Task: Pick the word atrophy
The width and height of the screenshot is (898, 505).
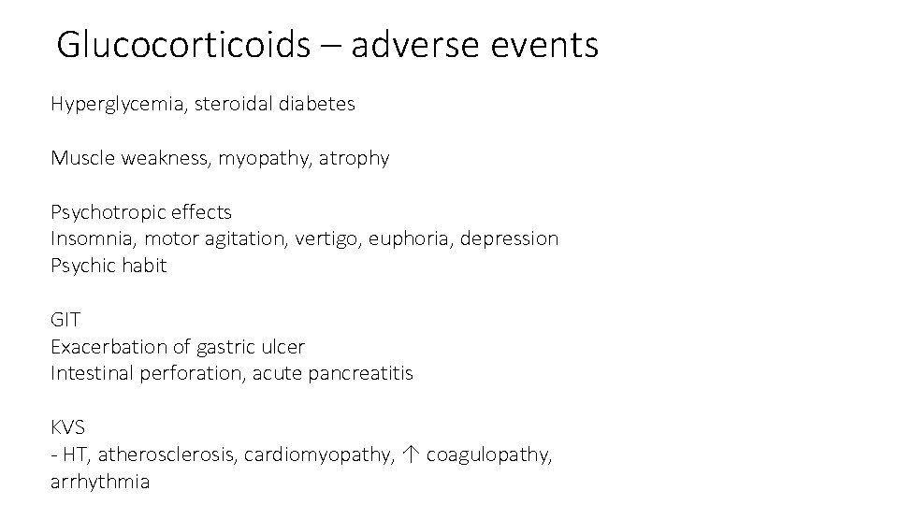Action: (x=355, y=159)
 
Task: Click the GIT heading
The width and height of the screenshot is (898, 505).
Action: (x=65, y=320)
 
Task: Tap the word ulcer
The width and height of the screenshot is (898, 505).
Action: (x=283, y=347)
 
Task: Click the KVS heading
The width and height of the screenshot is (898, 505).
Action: (x=68, y=427)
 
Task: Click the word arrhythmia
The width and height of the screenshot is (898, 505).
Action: (x=99, y=483)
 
